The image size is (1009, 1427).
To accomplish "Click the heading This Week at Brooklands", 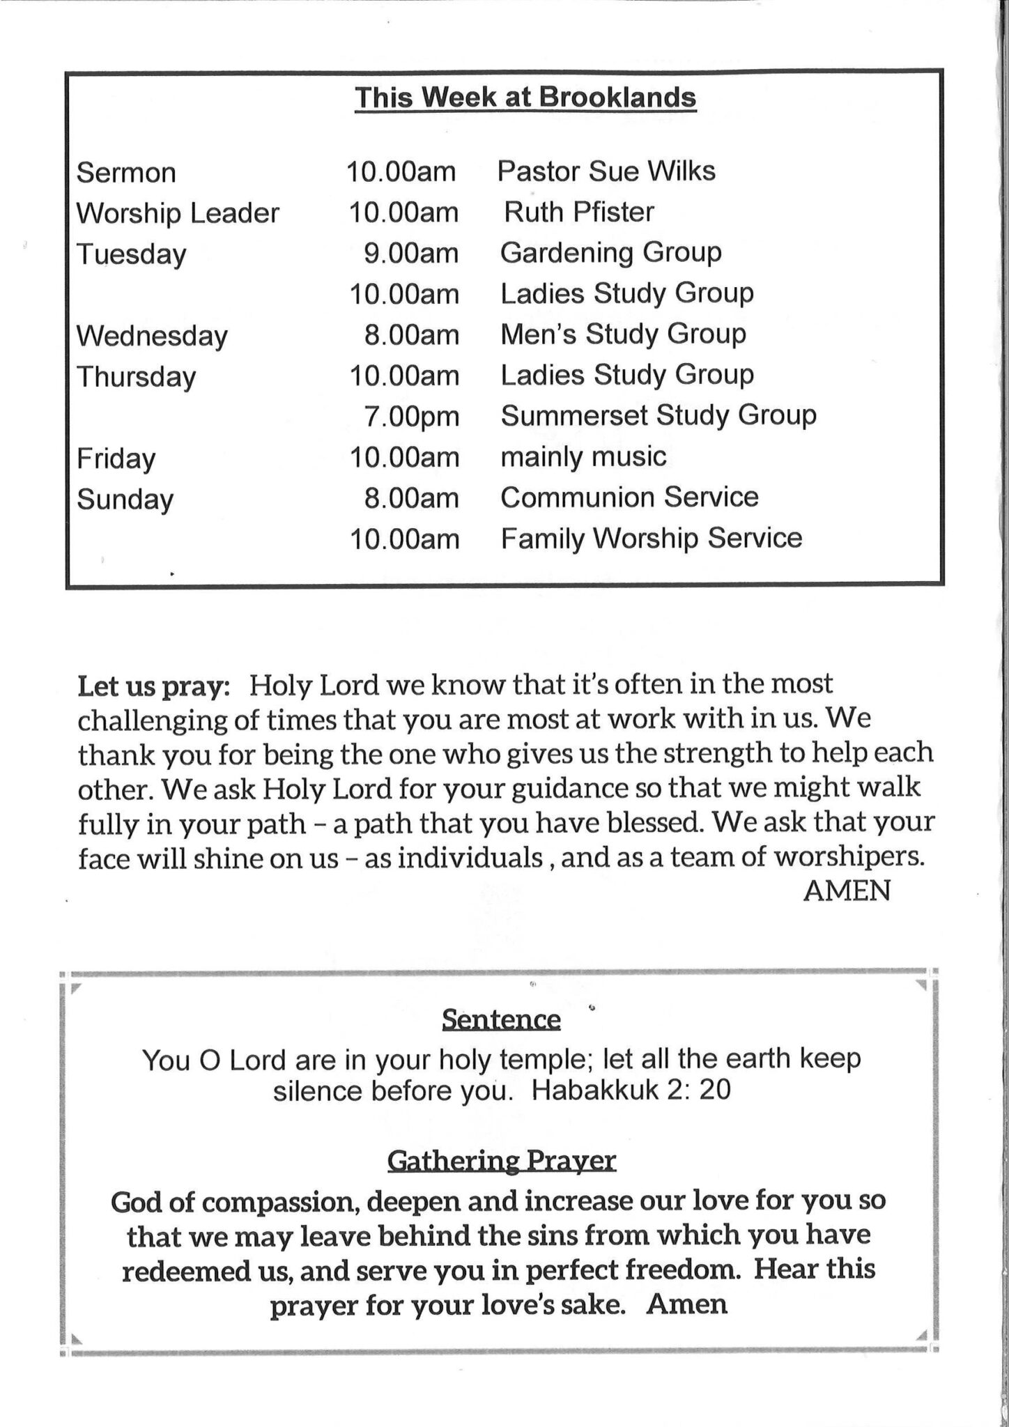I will click(525, 98).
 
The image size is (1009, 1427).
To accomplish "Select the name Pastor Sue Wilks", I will click(606, 171).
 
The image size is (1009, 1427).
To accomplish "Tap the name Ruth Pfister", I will click(579, 212).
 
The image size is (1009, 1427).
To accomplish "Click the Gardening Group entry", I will click(610, 253).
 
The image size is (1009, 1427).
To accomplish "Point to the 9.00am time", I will click(411, 254).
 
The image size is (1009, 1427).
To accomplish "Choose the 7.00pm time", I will click(411, 417).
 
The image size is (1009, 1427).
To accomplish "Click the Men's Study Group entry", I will click(623, 334).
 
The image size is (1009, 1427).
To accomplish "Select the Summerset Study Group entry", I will click(658, 416).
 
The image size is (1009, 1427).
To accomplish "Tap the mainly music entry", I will click(583, 457).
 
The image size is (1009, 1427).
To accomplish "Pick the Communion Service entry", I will click(629, 497).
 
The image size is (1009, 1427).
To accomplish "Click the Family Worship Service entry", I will click(652, 539).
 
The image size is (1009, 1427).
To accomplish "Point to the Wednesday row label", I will click(152, 336).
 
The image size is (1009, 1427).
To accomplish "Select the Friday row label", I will click(116, 458).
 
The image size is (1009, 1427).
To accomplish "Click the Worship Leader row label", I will click(178, 213).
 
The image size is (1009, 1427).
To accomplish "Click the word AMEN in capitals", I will click(847, 890).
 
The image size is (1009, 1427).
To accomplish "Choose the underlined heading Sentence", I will click(501, 1020).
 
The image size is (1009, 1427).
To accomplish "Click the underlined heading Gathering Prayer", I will click(501, 1161).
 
